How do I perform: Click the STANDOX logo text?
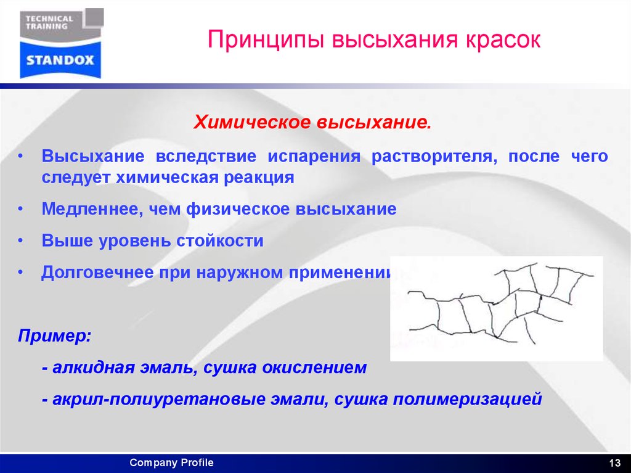click(60, 60)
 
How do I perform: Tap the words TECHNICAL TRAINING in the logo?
click(49, 23)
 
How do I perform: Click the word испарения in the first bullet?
click(317, 156)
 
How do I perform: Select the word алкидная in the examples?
click(91, 368)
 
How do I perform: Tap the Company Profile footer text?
click(171, 463)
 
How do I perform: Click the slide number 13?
click(614, 463)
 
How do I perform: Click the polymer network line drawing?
click(497, 308)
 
